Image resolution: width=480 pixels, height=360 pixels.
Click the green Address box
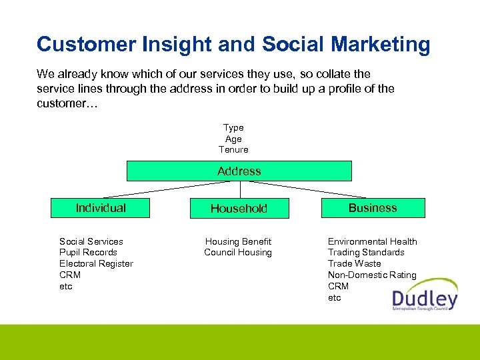click(x=239, y=171)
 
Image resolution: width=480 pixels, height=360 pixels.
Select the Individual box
click(x=101, y=208)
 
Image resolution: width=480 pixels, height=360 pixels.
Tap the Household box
click(x=239, y=209)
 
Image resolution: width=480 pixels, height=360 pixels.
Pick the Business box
click(x=373, y=208)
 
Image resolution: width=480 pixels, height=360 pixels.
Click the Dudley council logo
click(x=425, y=294)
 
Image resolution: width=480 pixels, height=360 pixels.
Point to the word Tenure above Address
click(x=233, y=150)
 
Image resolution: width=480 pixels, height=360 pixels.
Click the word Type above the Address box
click(x=233, y=127)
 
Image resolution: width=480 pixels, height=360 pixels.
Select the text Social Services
click(x=91, y=241)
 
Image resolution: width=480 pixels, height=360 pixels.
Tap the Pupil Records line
click(x=88, y=253)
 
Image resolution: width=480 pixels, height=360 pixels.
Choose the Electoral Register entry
click(x=96, y=264)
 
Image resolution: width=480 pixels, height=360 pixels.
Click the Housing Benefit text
click(x=238, y=241)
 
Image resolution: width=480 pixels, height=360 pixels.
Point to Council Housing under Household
click(x=238, y=253)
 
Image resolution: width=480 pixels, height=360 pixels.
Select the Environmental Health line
click(x=372, y=241)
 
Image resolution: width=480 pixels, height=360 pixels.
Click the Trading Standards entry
click(x=366, y=253)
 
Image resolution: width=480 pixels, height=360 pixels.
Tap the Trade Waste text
click(x=354, y=264)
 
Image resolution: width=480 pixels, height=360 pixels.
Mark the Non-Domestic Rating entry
click(x=372, y=275)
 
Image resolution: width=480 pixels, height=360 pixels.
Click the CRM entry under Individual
click(x=70, y=275)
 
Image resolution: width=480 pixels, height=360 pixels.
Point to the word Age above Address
click(x=233, y=139)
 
